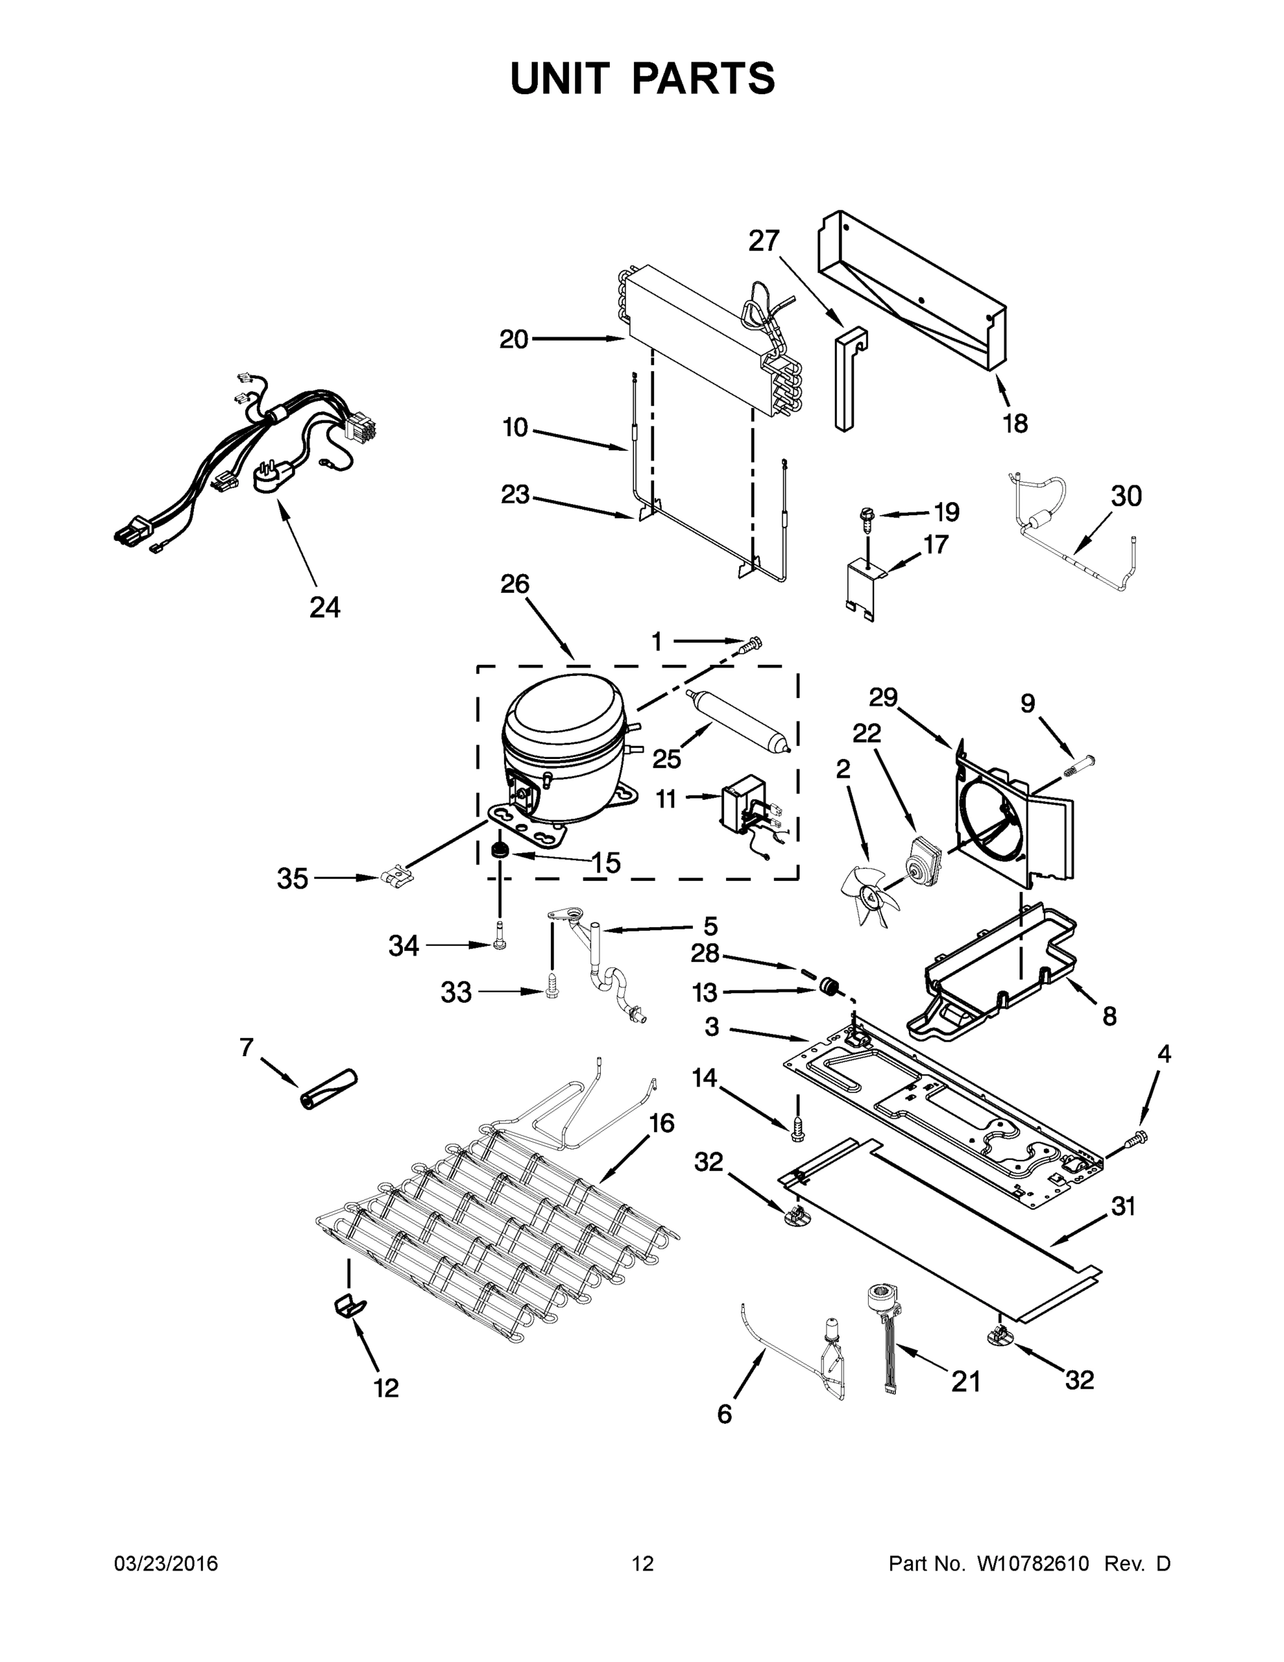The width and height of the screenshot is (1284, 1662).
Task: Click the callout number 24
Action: point(325,607)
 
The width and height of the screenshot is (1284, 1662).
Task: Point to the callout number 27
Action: point(763,240)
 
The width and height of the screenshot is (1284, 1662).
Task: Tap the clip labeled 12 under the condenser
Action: point(349,1306)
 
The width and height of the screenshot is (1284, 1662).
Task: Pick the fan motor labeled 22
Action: point(919,859)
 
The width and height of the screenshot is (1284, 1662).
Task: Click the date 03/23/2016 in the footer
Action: point(166,1563)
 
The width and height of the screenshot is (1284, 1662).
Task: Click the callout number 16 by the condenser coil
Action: point(662,1123)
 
